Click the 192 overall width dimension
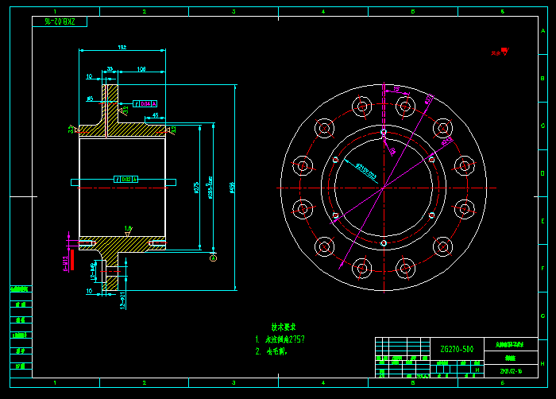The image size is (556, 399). click(x=122, y=47)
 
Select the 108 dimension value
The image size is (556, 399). click(x=141, y=69)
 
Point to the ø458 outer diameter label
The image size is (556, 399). click(x=231, y=188)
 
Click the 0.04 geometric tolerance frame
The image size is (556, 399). click(x=145, y=103)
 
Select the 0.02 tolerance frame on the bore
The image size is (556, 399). click(x=126, y=179)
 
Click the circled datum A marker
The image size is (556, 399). click(x=213, y=257)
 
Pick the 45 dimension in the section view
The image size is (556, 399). click(x=155, y=116)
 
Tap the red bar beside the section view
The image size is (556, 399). click(x=71, y=259)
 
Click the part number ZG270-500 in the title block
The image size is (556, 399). click(x=456, y=349)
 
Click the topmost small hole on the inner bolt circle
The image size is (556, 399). click(x=383, y=131)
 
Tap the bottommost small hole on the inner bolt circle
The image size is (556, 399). click(x=383, y=242)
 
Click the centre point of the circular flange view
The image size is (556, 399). click(x=383, y=188)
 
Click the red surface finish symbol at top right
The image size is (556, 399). click(x=500, y=52)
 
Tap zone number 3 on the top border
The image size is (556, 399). click(x=234, y=12)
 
